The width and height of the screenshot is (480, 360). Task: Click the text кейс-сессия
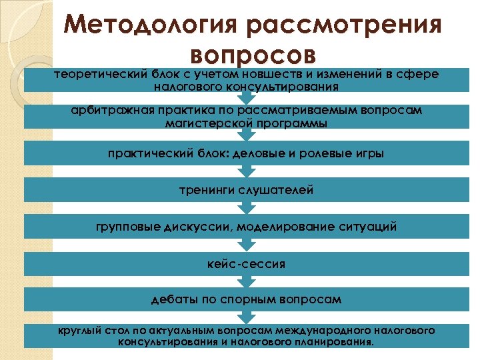pos(246,264)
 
